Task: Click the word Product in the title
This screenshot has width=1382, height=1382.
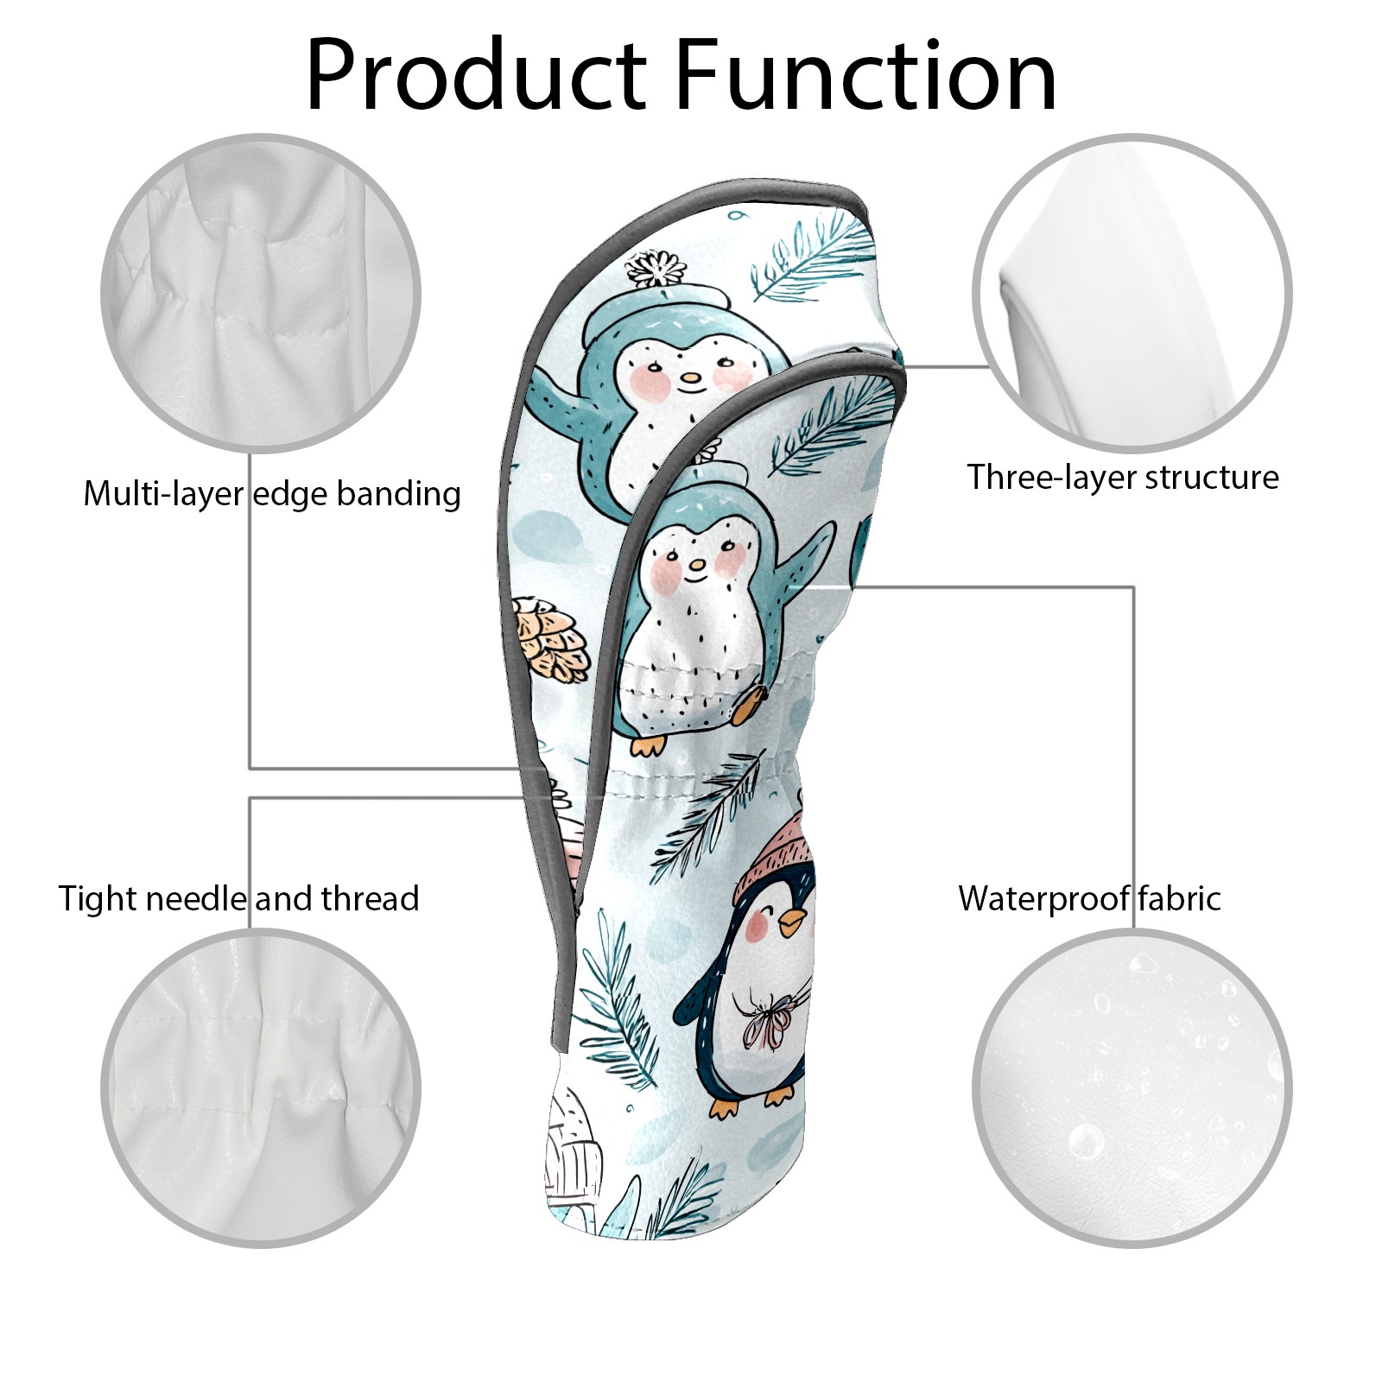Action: click(x=476, y=75)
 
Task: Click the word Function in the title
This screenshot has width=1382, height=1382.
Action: click(x=865, y=75)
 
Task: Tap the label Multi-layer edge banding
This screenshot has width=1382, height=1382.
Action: click(x=272, y=494)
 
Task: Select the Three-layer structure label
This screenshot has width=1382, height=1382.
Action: click(x=1123, y=477)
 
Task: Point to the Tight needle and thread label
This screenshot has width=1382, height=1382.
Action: click(x=238, y=899)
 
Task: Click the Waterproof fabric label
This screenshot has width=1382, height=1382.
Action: click(x=1089, y=898)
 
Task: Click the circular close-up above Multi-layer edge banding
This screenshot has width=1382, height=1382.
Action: click(x=261, y=293)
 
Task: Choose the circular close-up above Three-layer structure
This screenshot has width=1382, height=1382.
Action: click(x=1132, y=293)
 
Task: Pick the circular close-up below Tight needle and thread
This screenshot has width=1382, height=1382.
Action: click(x=261, y=1087)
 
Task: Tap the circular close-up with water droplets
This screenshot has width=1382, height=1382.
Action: click(x=1132, y=1087)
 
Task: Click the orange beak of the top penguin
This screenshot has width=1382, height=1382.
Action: click(x=689, y=378)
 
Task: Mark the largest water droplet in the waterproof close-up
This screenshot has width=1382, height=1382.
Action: click(x=1086, y=1141)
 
